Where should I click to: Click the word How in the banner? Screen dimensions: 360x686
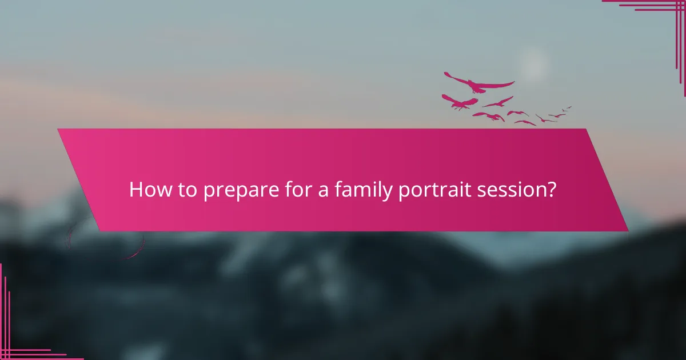[x=146, y=190]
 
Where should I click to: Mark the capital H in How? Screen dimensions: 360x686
[x=135, y=190]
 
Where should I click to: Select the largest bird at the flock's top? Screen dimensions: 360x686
[x=478, y=83]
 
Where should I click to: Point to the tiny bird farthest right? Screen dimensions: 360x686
[x=567, y=108]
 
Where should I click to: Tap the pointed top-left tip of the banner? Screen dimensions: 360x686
[x=58, y=130]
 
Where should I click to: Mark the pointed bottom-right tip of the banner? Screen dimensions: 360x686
[x=627, y=230]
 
